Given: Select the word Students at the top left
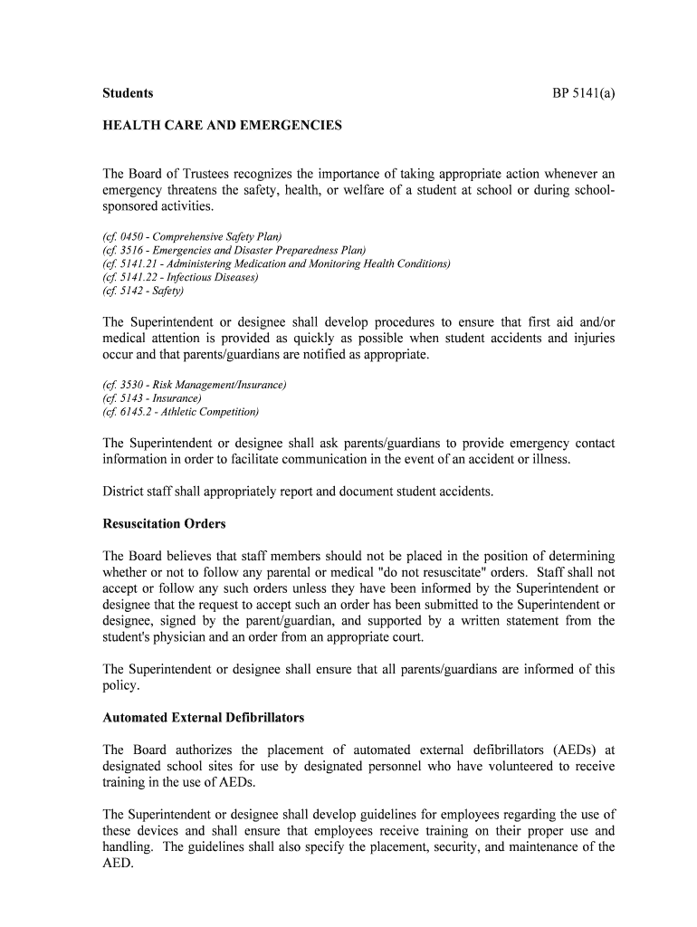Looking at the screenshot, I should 128,93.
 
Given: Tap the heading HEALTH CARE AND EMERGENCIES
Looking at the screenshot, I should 222,126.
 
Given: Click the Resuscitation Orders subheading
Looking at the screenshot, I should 164,524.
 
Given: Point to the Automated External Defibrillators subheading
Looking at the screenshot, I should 203,718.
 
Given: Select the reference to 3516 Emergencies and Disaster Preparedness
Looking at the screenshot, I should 234,251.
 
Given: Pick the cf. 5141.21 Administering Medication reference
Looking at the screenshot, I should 276,264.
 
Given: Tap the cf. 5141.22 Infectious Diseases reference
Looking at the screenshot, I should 180,278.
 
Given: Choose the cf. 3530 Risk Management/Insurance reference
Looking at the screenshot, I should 195,385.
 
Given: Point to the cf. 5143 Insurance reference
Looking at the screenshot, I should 152,398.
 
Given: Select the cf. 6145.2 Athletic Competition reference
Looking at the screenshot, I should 180,412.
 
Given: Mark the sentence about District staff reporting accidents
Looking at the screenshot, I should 299,492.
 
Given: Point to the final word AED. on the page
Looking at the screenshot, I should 118,864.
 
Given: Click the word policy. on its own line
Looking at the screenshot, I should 121,686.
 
